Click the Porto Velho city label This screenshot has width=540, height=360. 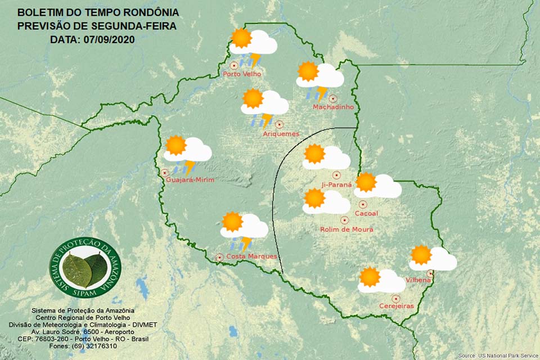(x=242, y=74)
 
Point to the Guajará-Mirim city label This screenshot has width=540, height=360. (x=191, y=179)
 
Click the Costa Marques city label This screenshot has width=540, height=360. (x=251, y=256)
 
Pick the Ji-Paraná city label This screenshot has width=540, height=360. (x=336, y=184)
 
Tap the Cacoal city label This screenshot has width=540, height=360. (x=367, y=213)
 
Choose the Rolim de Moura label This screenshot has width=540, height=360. (x=346, y=229)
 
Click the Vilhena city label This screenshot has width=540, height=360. (x=418, y=280)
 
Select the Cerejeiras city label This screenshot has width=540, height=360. (x=396, y=306)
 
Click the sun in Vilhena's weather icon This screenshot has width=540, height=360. (x=421, y=255)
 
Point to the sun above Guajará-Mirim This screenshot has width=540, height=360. (x=175, y=145)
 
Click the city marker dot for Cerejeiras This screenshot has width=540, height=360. (x=396, y=298)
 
